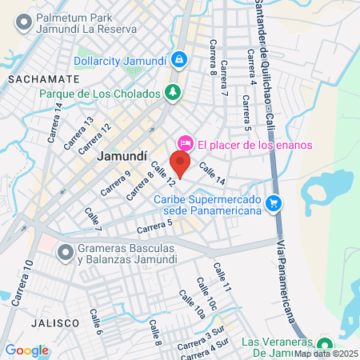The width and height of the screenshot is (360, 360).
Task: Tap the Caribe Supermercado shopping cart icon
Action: click(x=274, y=203)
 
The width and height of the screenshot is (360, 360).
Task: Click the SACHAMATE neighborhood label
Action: click(x=44, y=80)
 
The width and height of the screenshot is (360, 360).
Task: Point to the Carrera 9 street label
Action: click(x=116, y=184)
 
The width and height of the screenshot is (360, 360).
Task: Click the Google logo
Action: click(x=27, y=350)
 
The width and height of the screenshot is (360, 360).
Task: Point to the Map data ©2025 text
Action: click(x=326, y=353)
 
